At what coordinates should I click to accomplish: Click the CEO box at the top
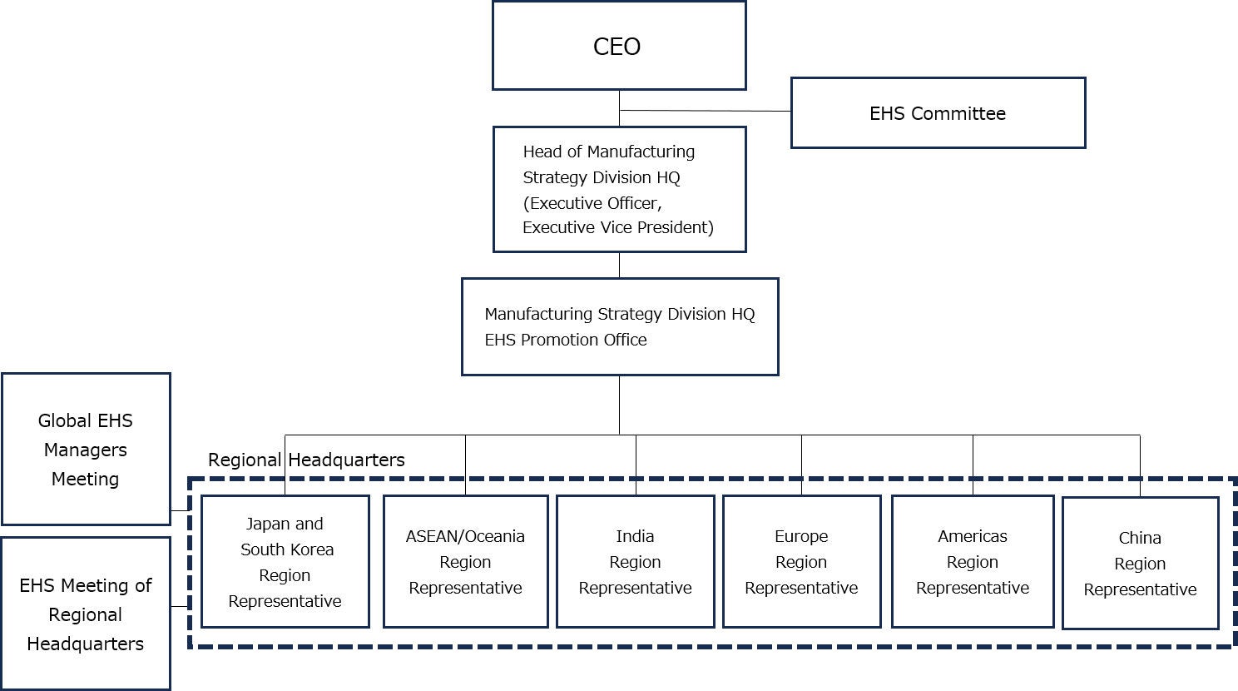618,46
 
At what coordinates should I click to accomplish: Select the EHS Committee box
938,113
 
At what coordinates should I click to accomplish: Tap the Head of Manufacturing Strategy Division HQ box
619,189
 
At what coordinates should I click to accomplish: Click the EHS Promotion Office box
619,326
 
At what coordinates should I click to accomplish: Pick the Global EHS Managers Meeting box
86,450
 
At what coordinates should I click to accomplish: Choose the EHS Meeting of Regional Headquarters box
86,614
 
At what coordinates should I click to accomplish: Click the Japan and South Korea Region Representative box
285,562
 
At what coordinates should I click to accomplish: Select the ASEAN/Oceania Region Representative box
465,562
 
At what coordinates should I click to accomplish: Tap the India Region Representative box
635,562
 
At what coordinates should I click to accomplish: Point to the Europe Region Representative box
801,562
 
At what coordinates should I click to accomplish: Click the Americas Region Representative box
973,562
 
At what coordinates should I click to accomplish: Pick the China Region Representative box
1140,564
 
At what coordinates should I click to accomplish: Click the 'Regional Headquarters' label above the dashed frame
306,460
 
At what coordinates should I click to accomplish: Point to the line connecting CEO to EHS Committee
706,110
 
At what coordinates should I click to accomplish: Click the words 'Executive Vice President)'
618,227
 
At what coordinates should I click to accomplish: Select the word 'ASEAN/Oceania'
465,536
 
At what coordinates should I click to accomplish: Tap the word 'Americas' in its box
973,536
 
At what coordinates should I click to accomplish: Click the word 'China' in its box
1140,538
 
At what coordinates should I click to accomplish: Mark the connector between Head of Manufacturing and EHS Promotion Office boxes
619,265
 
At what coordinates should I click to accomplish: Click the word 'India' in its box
635,536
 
